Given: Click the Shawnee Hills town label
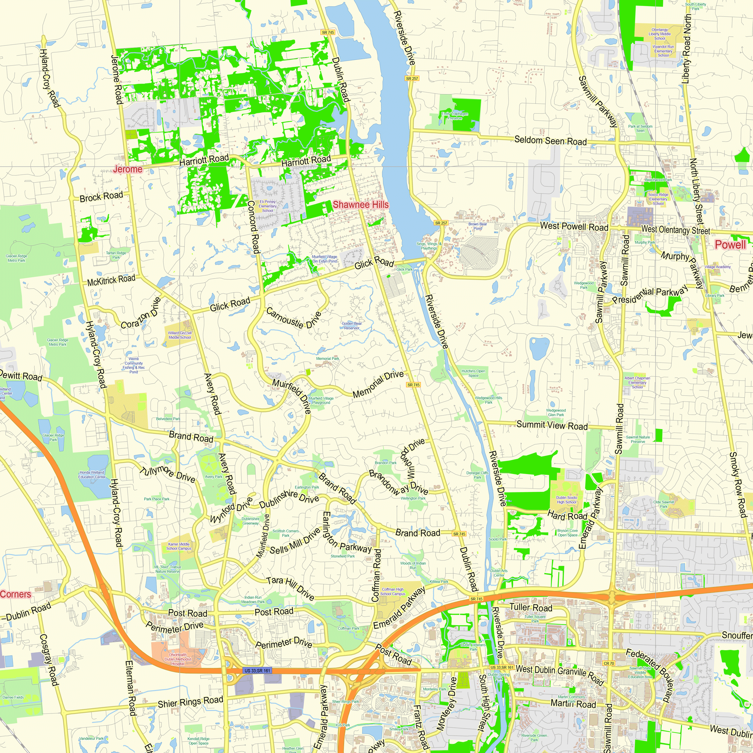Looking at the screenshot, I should click(361, 204).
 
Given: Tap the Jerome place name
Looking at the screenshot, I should click(128, 169).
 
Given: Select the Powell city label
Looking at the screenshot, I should click(730, 245).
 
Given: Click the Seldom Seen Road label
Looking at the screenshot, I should click(550, 140).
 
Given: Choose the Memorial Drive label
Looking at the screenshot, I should click(378, 384).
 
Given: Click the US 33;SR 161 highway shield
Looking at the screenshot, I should click(257, 671).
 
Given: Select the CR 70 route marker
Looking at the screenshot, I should click(609, 663).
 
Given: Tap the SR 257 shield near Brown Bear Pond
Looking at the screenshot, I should click(441, 223).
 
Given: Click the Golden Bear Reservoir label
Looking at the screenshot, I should click(352, 325).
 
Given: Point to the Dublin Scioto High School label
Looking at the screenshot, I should click(566, 500).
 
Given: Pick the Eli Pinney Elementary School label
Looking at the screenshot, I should click(267, 206).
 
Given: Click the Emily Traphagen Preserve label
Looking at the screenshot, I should click(454, 116).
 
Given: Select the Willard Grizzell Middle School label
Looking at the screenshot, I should click(180, 335).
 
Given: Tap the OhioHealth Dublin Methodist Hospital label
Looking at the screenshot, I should click(178, 659).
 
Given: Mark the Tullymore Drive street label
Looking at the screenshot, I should click(167, 474).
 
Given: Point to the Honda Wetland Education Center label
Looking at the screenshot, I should click(92, 474).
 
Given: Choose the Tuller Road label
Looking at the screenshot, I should click(530, 607).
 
